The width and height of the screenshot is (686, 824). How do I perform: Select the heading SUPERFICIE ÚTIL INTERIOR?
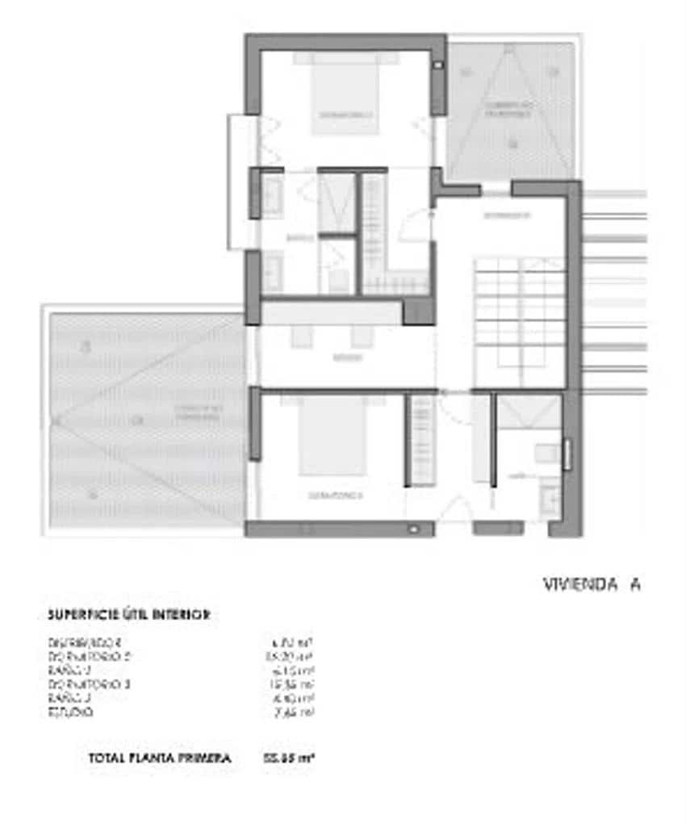point(129,615)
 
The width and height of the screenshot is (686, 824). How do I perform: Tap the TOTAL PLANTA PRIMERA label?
point(159,758)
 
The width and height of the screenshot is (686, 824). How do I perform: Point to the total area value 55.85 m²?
point(288,758)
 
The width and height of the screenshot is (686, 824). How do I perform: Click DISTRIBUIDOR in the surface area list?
point(84,643)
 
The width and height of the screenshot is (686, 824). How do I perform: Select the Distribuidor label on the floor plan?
point(506,215)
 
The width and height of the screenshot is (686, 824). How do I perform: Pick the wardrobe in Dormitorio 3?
point(423,440)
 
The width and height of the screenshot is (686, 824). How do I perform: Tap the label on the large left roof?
point(197,414)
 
